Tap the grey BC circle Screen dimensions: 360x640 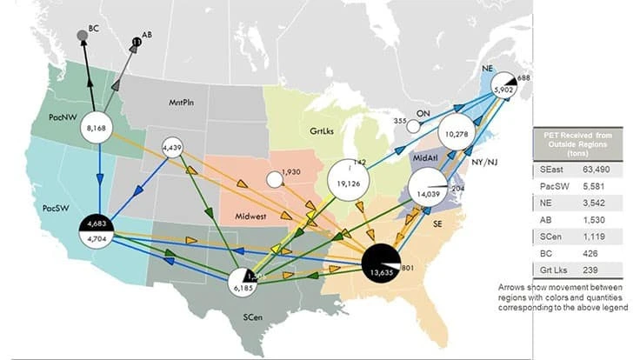(x=82, y=34)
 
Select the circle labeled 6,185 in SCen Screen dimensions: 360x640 (x=245, y=283)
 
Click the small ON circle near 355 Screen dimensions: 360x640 (x=414, y=126)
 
